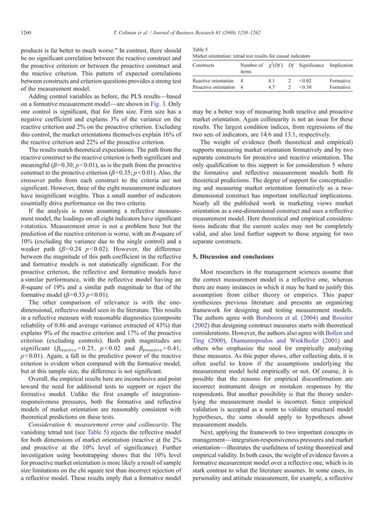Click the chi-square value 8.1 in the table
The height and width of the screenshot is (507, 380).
272,80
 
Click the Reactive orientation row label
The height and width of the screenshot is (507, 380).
213,80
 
